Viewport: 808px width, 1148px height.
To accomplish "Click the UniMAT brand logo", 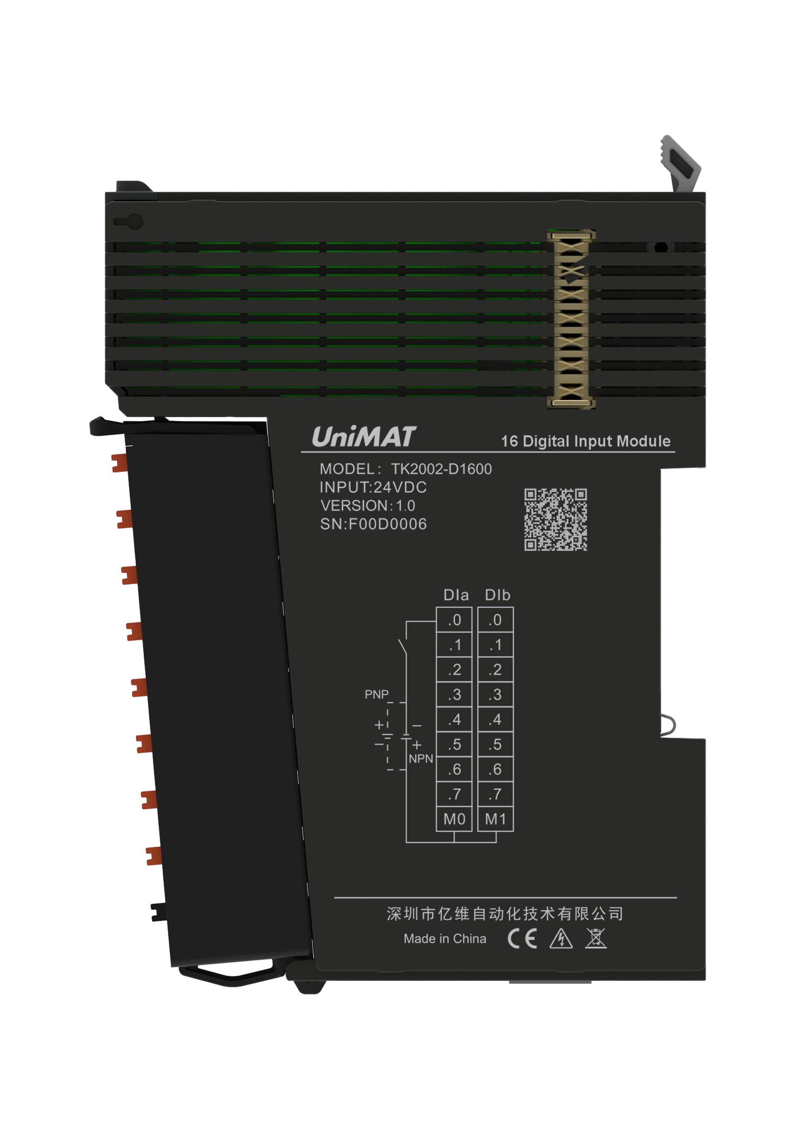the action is pos(364,437).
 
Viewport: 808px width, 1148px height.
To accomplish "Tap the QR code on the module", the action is pos(555,519).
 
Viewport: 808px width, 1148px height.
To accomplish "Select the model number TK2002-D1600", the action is pos(441,469).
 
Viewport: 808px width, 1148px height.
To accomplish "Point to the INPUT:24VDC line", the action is pos(373,487).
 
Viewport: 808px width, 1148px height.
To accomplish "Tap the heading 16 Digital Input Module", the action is pos(585,441).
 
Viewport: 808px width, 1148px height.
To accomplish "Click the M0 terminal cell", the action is pos(454,819).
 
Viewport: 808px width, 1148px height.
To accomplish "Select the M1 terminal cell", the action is pos(495,819).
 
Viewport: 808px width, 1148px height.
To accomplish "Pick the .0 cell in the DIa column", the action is pos(454,620).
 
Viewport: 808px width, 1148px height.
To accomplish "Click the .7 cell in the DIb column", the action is pos(495,794).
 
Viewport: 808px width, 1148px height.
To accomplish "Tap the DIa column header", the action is pos(456,595).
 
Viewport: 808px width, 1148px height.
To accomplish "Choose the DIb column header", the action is pos(497,595).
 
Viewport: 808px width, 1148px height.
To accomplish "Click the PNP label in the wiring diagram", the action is pos(377,694).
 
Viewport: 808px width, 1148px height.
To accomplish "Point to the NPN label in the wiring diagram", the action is pos(421,759).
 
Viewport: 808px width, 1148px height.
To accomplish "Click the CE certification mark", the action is pos(522,938).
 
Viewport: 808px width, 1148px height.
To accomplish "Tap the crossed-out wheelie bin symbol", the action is pos(595,938).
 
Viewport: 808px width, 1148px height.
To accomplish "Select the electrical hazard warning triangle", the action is pos(561,938).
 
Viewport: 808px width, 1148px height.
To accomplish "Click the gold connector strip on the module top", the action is pos(571,319).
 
